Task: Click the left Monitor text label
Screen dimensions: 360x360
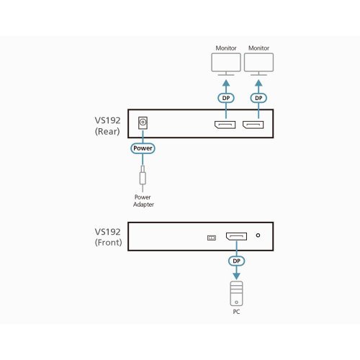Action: [x=226, y=48]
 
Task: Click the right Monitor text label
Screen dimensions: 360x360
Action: [x=258, y=48]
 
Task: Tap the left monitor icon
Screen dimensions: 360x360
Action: [x=226, y=64]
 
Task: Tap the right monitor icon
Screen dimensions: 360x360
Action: [x=258, y=64]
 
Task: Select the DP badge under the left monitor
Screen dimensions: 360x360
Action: [x=226, y=98]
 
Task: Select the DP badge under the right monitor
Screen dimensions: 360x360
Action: [x=258, y=98]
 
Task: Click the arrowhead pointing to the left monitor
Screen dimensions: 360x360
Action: [x=226, y=83]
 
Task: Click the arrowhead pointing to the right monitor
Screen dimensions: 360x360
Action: [x=258, y=83]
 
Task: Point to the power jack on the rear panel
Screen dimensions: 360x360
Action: [x=143, y=122]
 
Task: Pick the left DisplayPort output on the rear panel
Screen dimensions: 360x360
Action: [x=225, y=125]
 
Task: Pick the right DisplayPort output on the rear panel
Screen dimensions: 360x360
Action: [x=253, y=125]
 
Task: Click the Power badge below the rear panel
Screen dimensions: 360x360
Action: [x=143, y=148]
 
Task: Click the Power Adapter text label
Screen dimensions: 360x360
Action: [x=143, y=201]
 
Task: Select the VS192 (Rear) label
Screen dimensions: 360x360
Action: [x=107, y=126]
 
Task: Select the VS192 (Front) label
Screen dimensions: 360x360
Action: [x=108, y=237]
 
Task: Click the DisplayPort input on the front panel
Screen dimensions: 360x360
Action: [x=236, y=236]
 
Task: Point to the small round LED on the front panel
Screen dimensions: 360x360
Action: [x=258, y=235]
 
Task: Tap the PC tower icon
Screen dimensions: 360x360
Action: [x=236, y=294]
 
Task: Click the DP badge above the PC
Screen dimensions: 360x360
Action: [x=236, y=261]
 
